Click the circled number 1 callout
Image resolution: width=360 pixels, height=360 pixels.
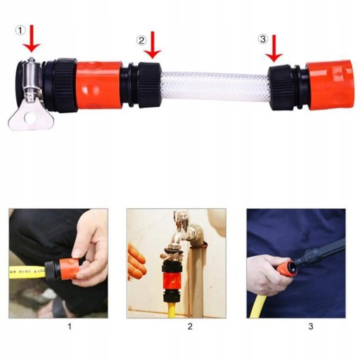[x=20, y=30]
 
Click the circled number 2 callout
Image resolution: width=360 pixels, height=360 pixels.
[x=141, y=40]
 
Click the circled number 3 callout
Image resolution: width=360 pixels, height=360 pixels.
[x=263, y=39]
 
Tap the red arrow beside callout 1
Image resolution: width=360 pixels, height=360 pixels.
[x=32, y=39]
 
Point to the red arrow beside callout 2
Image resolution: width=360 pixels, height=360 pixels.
[x=153, y=45]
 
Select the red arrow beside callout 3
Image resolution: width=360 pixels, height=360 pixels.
[x=274, y=49]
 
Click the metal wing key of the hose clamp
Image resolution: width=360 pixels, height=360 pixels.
[x=30, y=117]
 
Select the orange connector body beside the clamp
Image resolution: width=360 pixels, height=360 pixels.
[x=98, y=86]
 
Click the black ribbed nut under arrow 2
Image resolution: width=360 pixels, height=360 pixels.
[x=148, y=85]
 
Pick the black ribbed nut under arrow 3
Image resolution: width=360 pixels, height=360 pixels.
[x=280, y=88]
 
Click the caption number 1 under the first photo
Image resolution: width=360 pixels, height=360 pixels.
[x=70, y=326]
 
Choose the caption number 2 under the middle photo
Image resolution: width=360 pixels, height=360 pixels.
[x=190, y=326]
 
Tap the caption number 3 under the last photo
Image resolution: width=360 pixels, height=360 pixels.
[x=311, y=326]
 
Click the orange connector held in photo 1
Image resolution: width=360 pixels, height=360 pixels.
[x=68, y=269]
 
